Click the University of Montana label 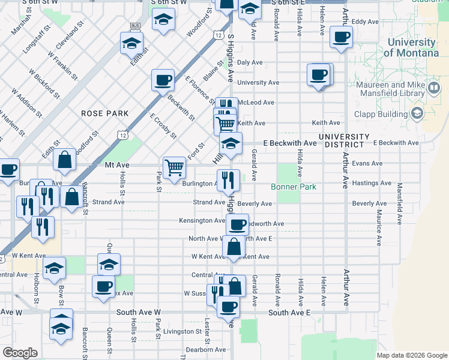click(411, 47)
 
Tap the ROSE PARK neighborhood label click(106, 113)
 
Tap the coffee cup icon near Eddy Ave click(341, 37)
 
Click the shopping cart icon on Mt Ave click(174, 166)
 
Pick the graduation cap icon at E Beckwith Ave click(231, 143)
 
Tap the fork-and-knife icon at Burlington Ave click(229, 179)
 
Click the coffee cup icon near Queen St click(104, 286)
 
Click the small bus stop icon click(134, 26)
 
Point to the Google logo click(20, 353)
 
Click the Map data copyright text click(411, 355)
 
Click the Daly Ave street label click(250, 62)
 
